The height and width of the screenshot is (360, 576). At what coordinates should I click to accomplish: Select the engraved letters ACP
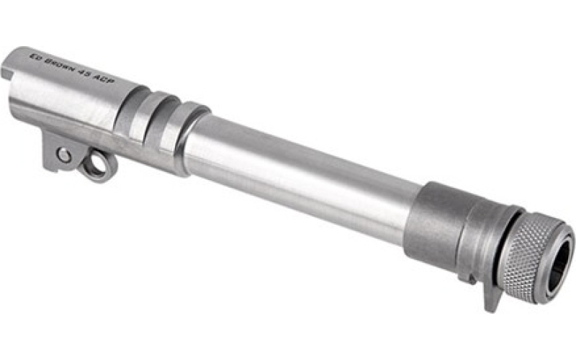103,81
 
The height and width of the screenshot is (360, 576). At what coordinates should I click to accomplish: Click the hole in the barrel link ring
96,165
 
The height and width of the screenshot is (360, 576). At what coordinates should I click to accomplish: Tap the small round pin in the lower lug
64,156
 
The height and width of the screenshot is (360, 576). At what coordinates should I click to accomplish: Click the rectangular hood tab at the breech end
6,73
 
